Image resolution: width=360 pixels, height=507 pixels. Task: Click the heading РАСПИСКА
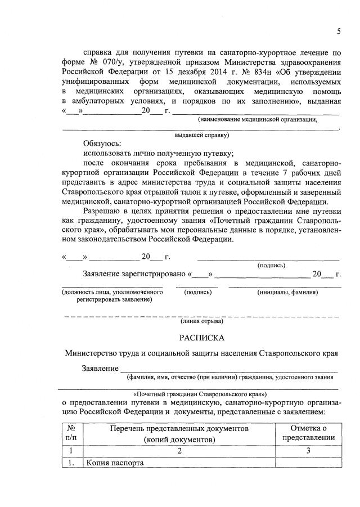pos(201,338)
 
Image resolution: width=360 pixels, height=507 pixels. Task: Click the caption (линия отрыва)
pos(201,322)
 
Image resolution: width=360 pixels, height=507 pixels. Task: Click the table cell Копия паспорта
pos(115,463)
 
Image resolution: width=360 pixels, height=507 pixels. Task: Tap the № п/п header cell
pos(71,434)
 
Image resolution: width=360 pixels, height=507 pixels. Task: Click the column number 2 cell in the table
pos(179,451)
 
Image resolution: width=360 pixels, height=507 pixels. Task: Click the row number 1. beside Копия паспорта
pos(71,463)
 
